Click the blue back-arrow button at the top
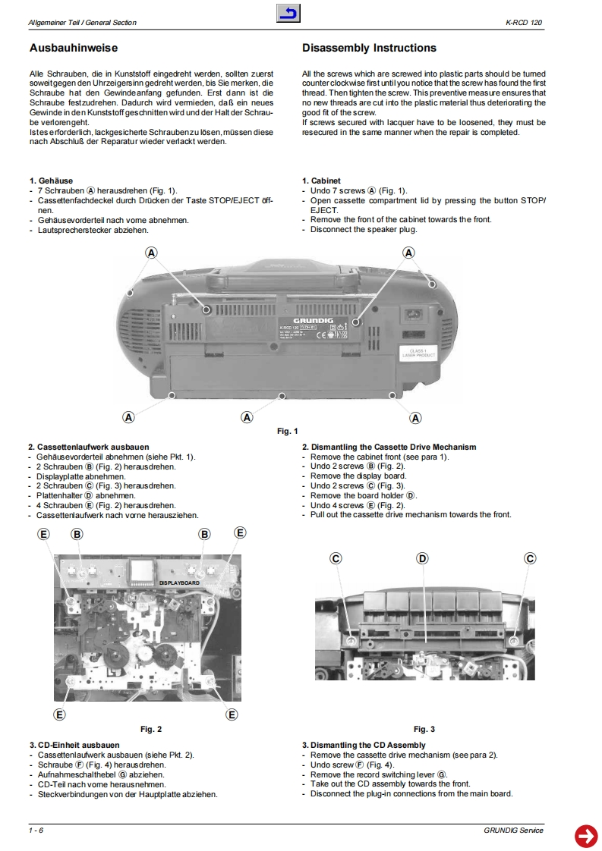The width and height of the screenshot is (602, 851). [x=288, y=13]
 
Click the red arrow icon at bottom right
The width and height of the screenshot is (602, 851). [x=585, y=835]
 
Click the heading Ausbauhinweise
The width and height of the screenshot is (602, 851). [x=73, y=49]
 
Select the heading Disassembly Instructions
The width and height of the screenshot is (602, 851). [x=369, y=49]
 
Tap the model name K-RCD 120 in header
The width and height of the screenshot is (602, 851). [x=525, y=23]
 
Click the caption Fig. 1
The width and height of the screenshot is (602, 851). [x=287, y=432]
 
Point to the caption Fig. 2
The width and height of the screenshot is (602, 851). [x=151, y=730]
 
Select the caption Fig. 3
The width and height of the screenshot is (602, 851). [x=424, y=730]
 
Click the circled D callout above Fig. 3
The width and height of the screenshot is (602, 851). [x=423, y=559]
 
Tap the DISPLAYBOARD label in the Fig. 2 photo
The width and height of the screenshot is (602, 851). [x=179, y=583]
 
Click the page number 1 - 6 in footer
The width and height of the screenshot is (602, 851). [x=36, y=831]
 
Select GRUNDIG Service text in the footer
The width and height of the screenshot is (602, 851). [x=513, y=831]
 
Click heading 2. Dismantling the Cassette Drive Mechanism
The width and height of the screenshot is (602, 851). [x=389, y=447]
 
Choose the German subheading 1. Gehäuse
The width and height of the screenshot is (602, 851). [x=51, y=181]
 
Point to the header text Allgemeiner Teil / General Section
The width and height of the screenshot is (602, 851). [x=82, y=23]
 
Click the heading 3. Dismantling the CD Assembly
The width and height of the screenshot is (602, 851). [x=364, y=746]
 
